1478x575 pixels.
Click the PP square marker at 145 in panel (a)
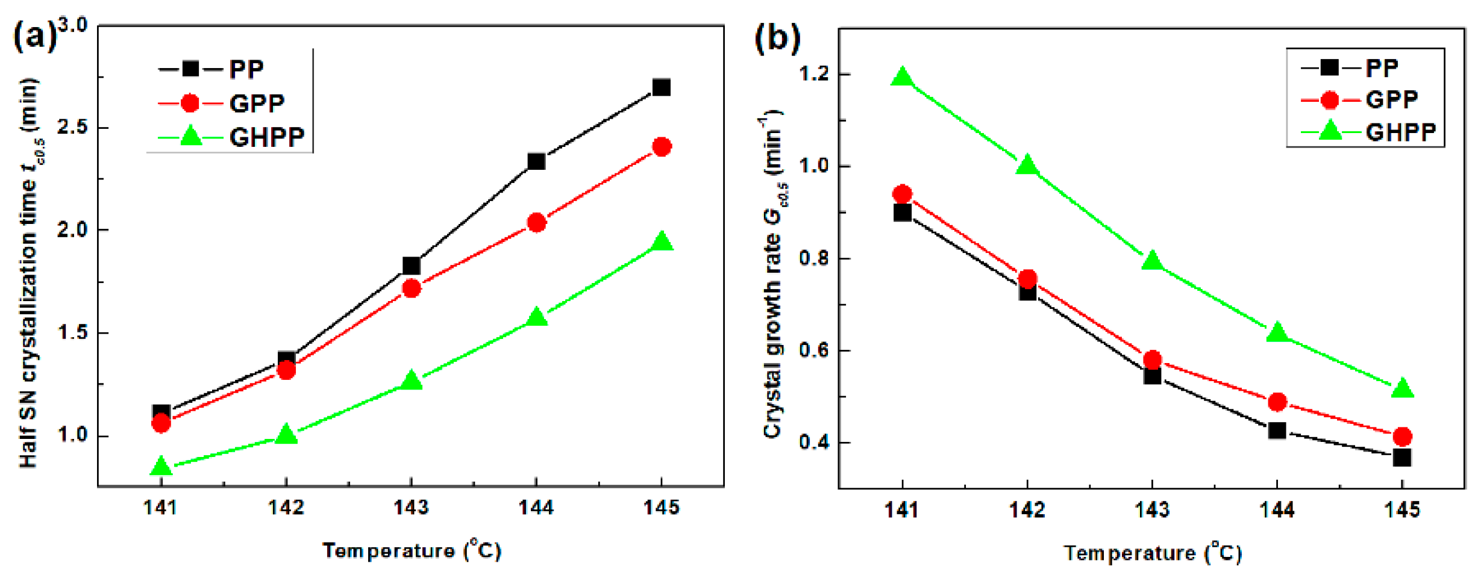661,87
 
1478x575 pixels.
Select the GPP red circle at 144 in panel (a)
536,223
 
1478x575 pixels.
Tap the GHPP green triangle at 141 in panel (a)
161,466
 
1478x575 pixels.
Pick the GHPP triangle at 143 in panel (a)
412,381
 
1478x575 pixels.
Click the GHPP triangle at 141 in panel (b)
902,77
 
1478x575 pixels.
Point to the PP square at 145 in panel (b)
1402,458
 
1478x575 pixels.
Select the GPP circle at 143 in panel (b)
1152,360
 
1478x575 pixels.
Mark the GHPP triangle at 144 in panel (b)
1277,332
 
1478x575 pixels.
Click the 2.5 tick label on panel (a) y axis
72,128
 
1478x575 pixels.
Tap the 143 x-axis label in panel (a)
411,508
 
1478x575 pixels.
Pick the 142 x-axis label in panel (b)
1027,510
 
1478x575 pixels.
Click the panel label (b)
777,39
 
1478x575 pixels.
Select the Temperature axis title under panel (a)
412,550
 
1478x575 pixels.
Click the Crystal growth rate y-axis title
772,274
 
